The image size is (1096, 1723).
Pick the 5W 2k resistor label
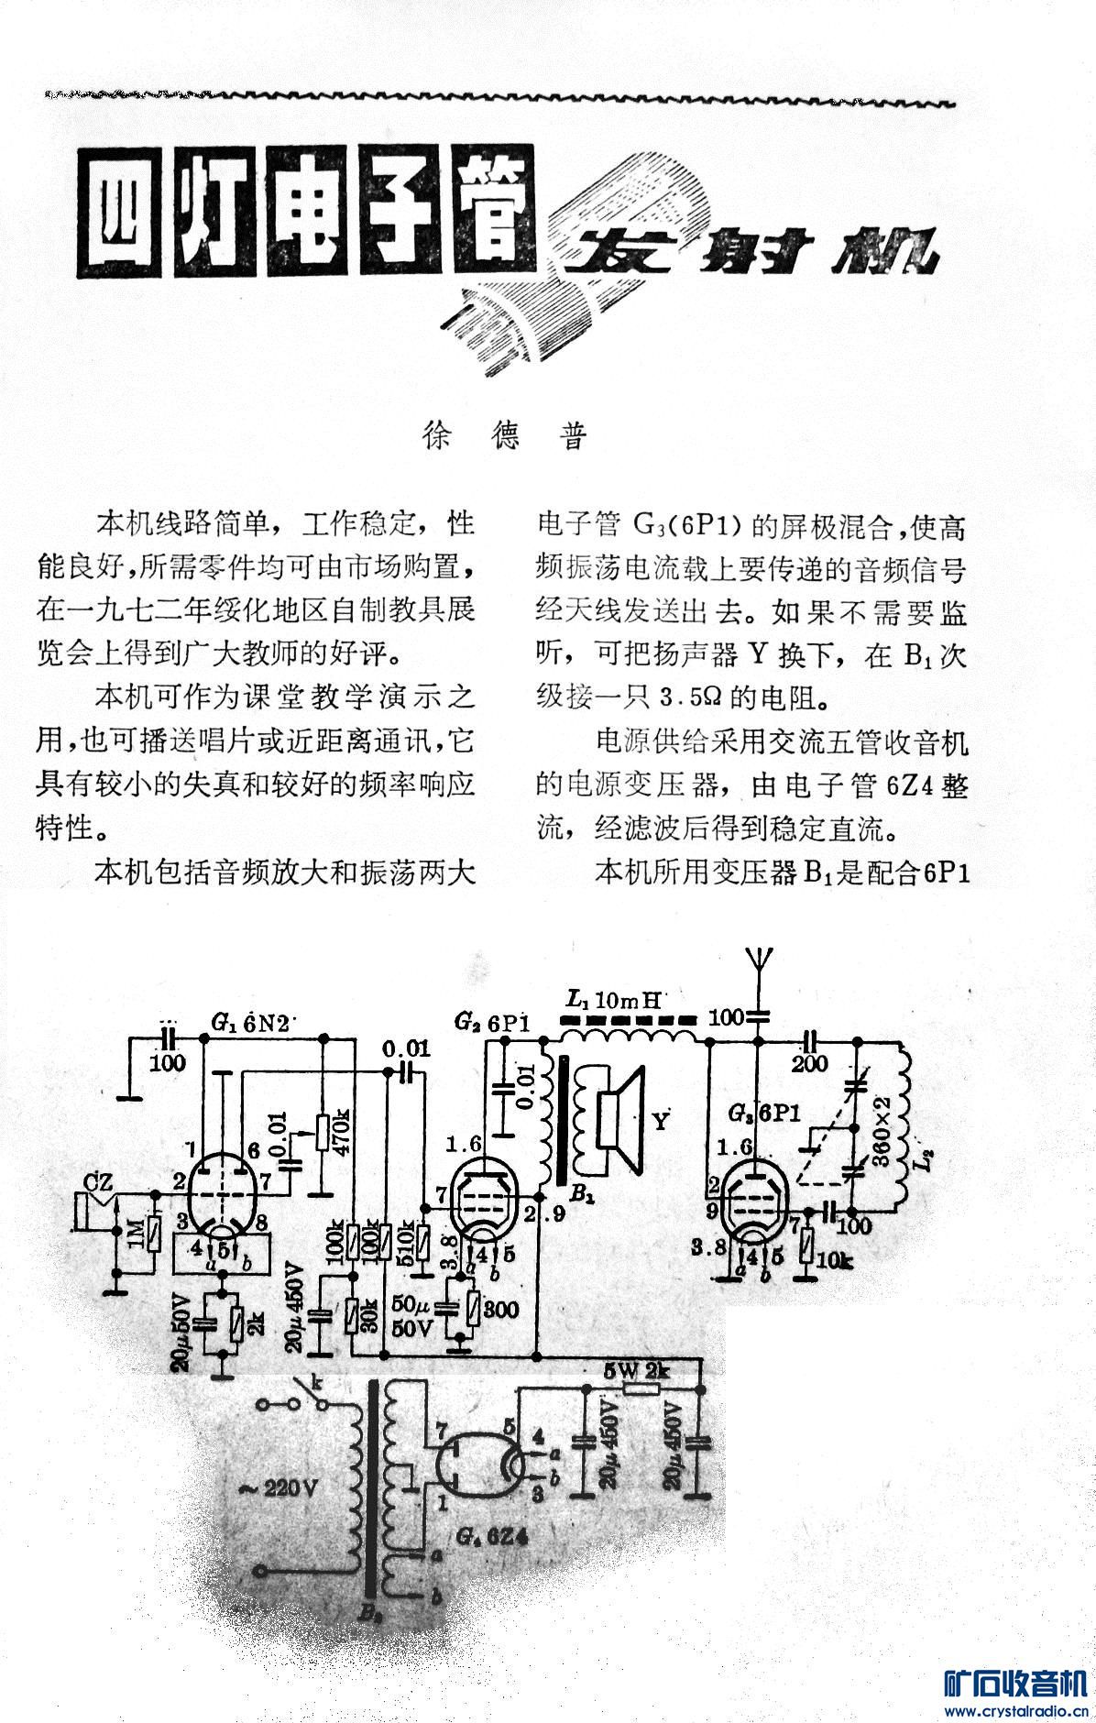point(638,1372)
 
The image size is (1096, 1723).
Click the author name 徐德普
point(503,436)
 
